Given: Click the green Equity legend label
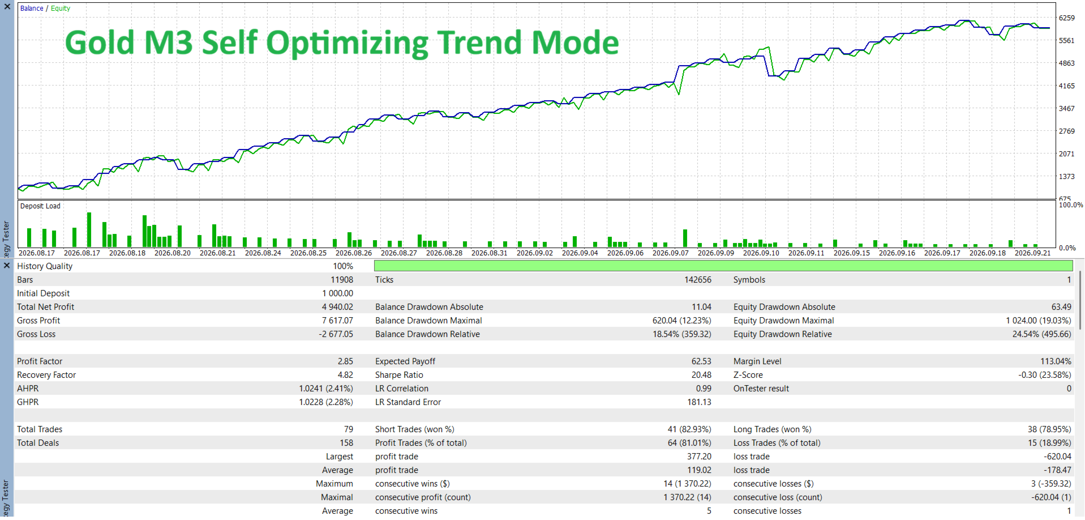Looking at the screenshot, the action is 61,8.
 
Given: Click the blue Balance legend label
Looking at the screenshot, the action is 32,8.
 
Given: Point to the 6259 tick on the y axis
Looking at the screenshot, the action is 1067,18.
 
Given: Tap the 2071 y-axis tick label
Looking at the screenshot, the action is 1067,154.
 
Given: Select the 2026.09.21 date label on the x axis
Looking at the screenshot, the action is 1032,253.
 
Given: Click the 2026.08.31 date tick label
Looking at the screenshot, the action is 489,253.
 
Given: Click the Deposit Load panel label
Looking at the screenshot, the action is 40,206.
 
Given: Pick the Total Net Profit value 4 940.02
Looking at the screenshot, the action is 337,307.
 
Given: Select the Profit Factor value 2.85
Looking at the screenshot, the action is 345,361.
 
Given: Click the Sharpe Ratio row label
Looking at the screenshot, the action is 399,375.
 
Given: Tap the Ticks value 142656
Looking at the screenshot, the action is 698,280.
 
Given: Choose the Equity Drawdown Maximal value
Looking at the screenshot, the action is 1039,321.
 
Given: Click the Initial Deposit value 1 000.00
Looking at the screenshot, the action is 337,293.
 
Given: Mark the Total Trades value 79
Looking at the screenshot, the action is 349,429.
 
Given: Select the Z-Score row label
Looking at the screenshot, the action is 748,375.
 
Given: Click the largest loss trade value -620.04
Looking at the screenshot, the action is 1058,457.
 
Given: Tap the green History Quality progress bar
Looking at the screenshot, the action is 723,266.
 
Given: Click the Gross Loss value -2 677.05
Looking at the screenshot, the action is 336,334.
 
